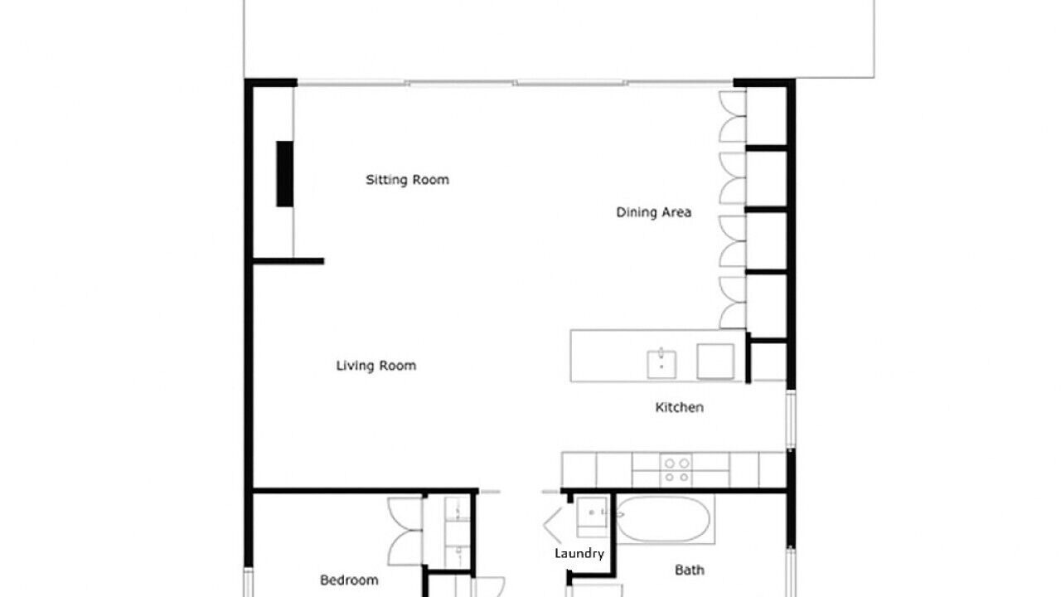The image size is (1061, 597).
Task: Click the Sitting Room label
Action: (x=407, y=180)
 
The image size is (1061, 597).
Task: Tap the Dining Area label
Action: (x=654, y=212)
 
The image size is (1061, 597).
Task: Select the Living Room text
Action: (x=376, y=366)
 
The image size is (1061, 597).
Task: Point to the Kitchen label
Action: (x=679, y=407)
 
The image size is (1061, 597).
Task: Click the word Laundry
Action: (x=579, y=554)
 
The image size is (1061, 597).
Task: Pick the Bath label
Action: (x=689, y=570)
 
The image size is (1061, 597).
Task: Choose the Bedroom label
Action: (x=349, y=580)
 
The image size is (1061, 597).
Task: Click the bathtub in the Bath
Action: (x=662, y=519)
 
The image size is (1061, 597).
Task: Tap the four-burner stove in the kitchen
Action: (x=676, y=470)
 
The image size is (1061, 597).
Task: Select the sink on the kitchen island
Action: (x=661, y=364)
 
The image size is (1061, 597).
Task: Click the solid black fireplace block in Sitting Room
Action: (x=284, y=174)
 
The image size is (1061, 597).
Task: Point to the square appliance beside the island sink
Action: (x=715, y=362)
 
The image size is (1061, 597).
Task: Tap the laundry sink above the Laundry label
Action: (x=592, y=517)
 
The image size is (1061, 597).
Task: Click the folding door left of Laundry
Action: (x=553, y=525)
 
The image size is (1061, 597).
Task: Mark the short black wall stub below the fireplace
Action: (x=288, y=261)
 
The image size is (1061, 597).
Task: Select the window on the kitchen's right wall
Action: (x=791, y=420)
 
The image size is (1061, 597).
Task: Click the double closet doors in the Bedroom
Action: (x=405, y=531)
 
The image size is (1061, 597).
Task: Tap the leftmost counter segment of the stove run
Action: (x=579, y=470)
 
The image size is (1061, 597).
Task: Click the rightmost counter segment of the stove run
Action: (x=773, y=470)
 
